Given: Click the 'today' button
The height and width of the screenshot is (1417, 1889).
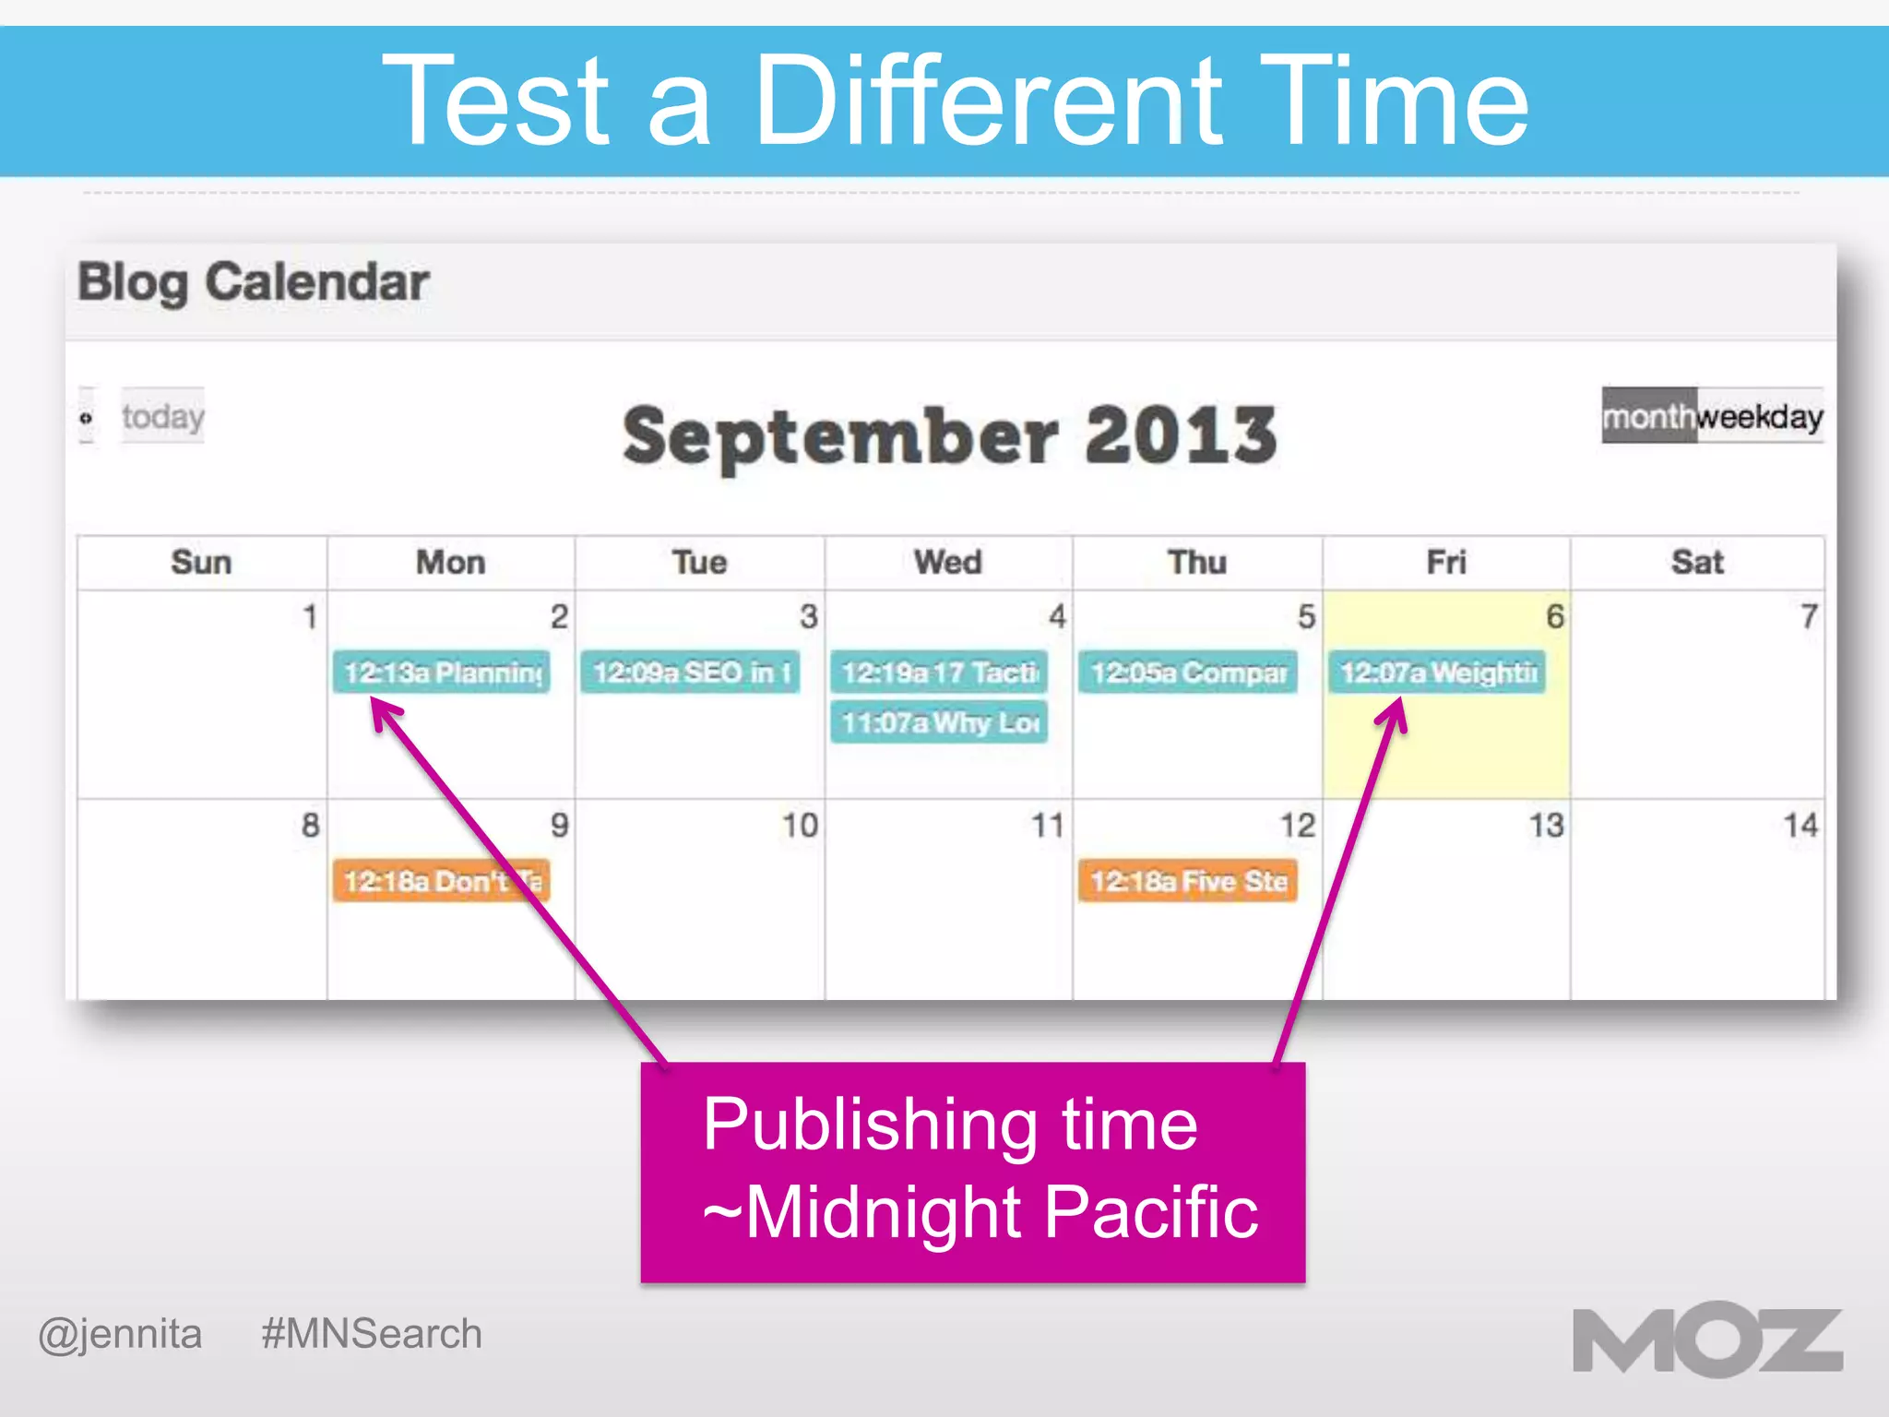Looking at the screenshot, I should click(x=162, y=416).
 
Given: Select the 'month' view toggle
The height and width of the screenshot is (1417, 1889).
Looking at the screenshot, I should click(x=1647, y=417).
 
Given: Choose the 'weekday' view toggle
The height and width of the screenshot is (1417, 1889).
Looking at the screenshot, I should click(x=1760, y=417).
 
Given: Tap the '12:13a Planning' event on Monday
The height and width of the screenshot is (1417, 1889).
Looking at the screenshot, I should click(x=441, y=673).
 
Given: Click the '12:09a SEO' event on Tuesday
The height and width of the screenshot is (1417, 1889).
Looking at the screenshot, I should click(x=690, y=673).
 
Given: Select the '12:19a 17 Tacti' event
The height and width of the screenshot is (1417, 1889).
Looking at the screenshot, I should click(x=939, y=673).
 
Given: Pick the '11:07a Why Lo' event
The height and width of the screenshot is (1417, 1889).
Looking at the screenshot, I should click(x=939, y=722).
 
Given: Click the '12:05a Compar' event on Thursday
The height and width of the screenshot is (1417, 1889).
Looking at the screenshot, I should click(x=1188, y=673).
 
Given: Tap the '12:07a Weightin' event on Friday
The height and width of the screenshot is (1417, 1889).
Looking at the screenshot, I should click(x=1437, y=673).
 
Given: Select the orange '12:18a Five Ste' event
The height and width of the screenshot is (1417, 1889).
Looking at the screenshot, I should click(x=1188, y=881).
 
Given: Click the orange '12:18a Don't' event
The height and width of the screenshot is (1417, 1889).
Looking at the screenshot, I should click(x=441, y=881).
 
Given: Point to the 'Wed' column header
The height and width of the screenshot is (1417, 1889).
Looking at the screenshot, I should click(x=948, y=562).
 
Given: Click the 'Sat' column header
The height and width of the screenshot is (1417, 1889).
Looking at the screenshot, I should click(x=1697, y=562).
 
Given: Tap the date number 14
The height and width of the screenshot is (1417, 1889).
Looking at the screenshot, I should click(x=1800, y=825).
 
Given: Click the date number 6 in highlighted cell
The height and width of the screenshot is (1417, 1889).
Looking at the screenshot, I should click(x=1555, y=616).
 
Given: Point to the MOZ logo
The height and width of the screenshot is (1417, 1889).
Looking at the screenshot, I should click(x=1707, y=1340).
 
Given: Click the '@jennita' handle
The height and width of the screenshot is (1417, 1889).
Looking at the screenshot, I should click(x=120, y=1334).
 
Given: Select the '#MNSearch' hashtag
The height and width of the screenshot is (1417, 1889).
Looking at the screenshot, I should click(x=372, y=1334).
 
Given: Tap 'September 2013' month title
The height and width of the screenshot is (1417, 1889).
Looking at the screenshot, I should click(x=950, y=435).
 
